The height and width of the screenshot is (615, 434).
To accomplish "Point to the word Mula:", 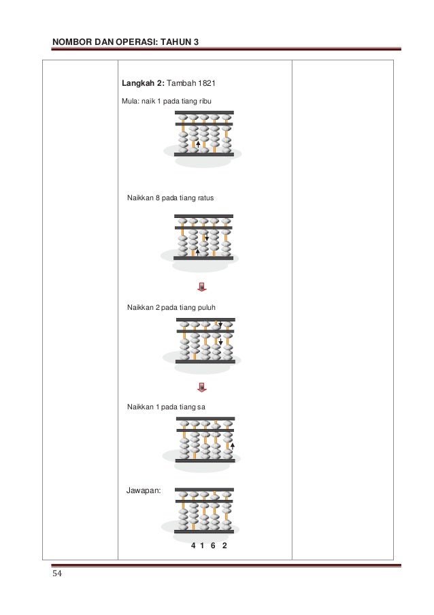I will (x=130, y=101).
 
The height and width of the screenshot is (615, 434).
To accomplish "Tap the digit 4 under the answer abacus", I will (x=193, y=546).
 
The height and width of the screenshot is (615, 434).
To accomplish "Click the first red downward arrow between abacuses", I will (x=201, y=286).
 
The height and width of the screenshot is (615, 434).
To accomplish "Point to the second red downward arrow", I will (x=201, y=388).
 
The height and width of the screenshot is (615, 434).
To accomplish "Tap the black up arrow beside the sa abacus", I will (x=233, y=445).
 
